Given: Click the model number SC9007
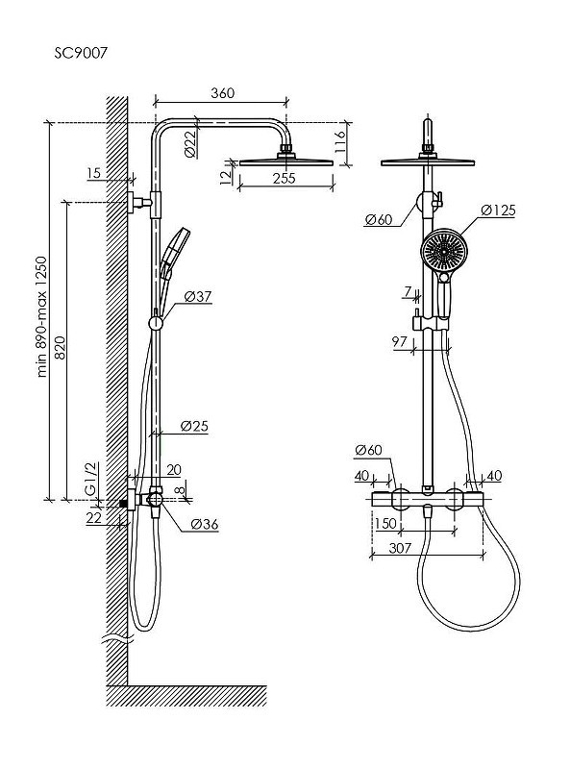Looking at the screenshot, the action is pos(81,53).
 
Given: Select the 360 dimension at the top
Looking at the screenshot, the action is pos(222,92).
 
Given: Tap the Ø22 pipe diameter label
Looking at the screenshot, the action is pos(190,143).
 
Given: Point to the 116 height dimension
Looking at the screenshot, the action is pos(340,141).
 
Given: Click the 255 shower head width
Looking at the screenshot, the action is pos(284,178).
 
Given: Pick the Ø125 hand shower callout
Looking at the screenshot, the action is pos(498,211).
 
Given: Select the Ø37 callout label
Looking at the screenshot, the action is pos(198,296).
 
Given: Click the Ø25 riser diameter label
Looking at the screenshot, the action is pos(194,426).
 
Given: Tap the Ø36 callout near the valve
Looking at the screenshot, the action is pos(204,524).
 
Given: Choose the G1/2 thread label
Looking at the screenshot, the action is pos(91,479).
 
